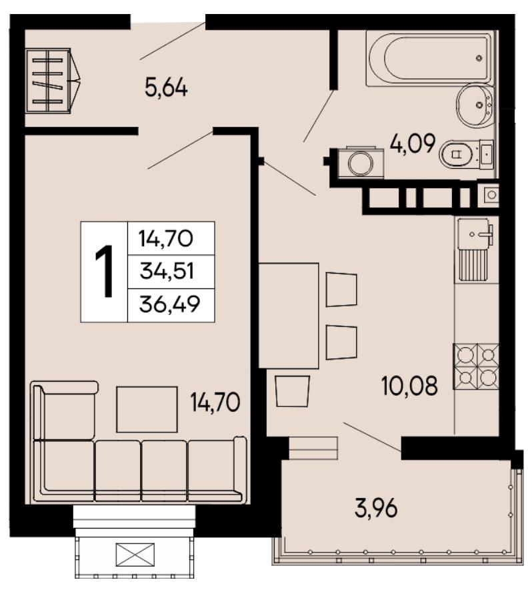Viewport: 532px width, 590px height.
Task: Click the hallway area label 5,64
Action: click(x=166, y=89)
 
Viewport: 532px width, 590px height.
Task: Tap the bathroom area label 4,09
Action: click(x=413, y=143)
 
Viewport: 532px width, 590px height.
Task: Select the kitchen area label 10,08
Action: click(x=410, y=386)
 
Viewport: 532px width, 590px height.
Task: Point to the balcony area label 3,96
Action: click(x=376, y=509)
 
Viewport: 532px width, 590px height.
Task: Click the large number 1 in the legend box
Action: click(x=105, y=271)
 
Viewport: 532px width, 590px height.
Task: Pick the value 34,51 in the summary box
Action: click(x=167, y=271)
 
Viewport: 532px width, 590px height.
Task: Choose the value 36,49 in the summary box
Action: click(x=169, y=304)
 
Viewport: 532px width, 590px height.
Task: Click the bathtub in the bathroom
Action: click(x=431, y=57)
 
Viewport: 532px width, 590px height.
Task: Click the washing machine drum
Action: click(x=361, y=163)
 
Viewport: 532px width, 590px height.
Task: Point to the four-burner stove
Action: click(x=476, y=367)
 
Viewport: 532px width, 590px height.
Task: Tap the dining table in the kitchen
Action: click(x=289, y=316)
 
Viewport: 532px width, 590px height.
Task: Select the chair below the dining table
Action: click(x=293, y=391)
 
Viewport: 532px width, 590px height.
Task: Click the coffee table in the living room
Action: click(x=147, y=409)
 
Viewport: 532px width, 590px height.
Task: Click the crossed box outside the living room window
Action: click(x=135, y=554)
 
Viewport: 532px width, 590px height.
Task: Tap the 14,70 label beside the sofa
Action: click(x=215, y=402)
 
